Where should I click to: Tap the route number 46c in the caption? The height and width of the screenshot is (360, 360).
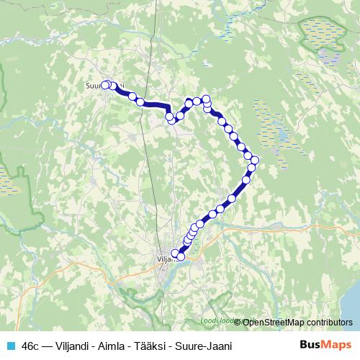coord(31,346)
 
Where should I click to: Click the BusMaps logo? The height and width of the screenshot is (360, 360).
coord(325,345)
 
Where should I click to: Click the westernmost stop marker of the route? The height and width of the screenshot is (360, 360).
coord(106,84)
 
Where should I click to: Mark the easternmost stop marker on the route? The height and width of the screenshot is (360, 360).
coord(255,160)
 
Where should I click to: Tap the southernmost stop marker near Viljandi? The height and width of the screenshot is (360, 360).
coord(180,256)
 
